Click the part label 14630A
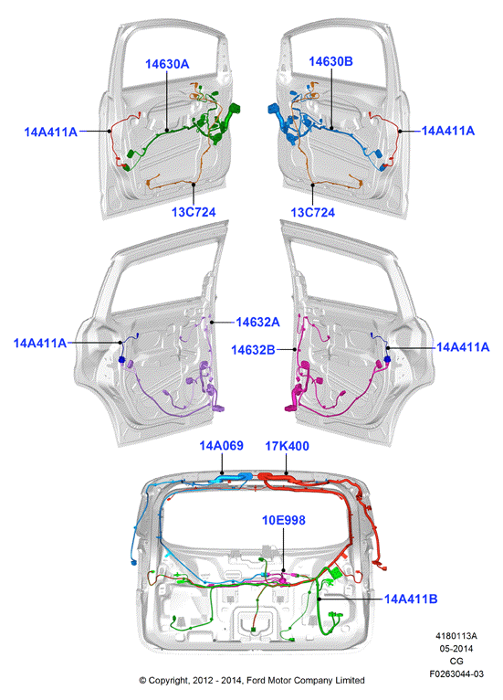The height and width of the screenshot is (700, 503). pos(167,64)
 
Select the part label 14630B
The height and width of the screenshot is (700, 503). pos(330,61)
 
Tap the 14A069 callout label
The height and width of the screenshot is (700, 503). pos(221,446)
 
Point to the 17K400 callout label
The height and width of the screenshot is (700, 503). pos(288,446)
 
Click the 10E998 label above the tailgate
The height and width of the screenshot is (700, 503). pos(284,520)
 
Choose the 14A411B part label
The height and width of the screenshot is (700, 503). pos(411,599)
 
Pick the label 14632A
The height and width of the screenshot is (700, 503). pos(257,322)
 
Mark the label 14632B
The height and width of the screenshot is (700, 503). pos(253,350)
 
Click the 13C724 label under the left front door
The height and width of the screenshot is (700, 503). pos(194,212)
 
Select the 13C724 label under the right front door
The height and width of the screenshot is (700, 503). pos(312,212)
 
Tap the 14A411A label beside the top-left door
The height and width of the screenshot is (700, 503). pos(51,133)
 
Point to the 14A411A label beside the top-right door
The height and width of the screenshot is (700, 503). pos(448,131)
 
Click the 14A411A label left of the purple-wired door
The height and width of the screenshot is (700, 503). pos(40,343)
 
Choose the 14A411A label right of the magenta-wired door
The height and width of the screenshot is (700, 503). pos(463,347)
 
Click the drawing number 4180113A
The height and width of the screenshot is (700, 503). pos(456,636)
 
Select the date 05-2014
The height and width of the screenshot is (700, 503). pos(456,648)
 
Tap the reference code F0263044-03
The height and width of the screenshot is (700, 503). pos(456,673)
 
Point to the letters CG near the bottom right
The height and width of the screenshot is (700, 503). pos(456,661)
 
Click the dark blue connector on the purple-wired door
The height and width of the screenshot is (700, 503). pos(121,359)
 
